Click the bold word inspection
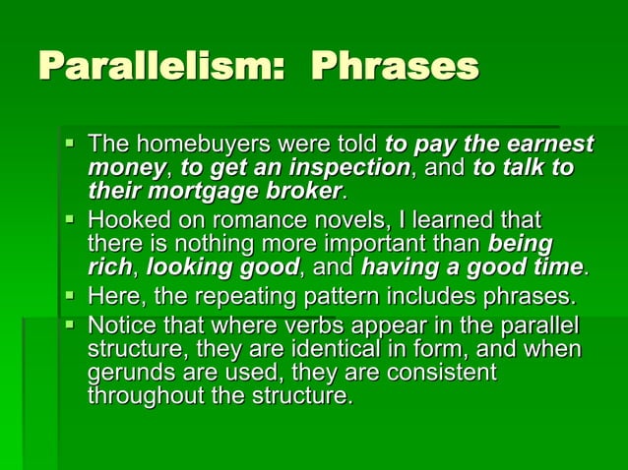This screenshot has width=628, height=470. click(x=348, y=167)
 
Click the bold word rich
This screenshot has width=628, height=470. click(x=107, y=265)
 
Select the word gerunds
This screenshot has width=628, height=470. click(x=127, y=374)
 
